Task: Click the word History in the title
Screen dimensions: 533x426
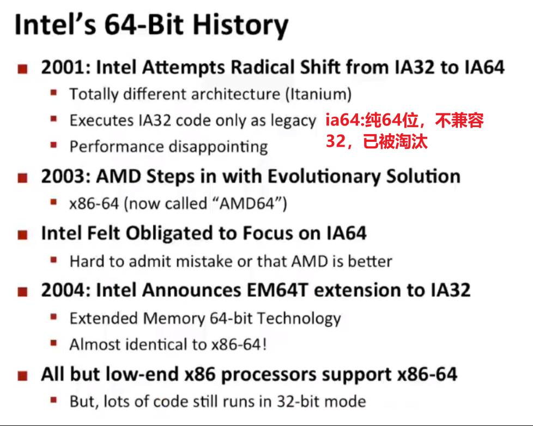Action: tap(241, 26)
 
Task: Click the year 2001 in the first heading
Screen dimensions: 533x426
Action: tap(64, 67)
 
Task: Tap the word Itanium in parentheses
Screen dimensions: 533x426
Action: tap(318, 94)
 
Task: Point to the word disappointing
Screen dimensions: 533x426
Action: tap(218, 147)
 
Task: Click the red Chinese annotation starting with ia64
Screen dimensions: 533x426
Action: tap(404, 131)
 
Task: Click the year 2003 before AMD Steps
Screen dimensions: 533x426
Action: tap(64, 177)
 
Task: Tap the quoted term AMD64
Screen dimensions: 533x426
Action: tap(247, 204)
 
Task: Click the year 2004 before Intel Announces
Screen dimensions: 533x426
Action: tap(64, 290)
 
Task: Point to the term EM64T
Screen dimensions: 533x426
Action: tap(277, 290)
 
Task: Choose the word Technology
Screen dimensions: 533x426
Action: tap(299, 319)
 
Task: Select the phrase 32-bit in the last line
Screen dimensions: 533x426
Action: tap(297, 401)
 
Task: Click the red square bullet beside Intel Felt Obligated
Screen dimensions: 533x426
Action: tap(22, 235)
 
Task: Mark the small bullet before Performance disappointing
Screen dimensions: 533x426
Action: tap(53, 145)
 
